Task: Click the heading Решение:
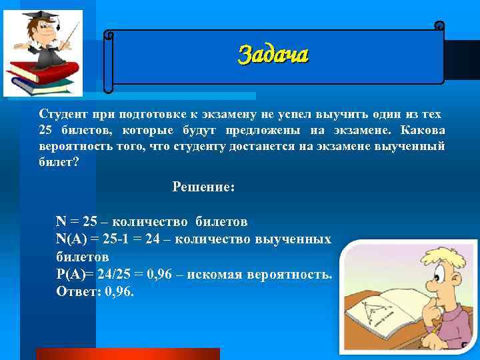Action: [203, 187]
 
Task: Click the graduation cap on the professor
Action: [35, 15]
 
